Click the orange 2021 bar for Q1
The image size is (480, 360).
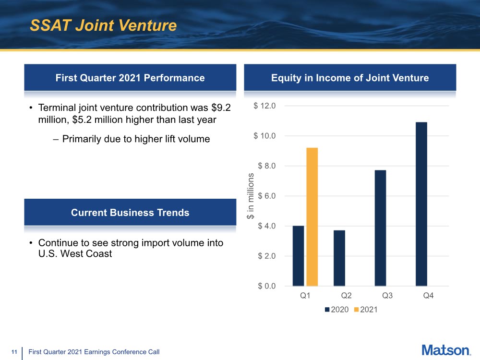coord(312,216)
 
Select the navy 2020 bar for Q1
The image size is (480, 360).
coord(298,255)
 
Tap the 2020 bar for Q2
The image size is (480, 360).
coord(339,258)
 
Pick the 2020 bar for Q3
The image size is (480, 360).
coord(380,228)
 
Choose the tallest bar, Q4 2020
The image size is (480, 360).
coord(421,204)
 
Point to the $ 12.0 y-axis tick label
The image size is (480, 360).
coord(264,106)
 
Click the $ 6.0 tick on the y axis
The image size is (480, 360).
coord(266,196)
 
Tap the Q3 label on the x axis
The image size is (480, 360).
coord(387,296)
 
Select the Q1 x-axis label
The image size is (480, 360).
coord(305,296)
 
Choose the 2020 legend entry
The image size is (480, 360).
coord(337,310)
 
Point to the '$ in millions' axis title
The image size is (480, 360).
coord(250,196)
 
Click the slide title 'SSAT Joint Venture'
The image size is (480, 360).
coord(103,25)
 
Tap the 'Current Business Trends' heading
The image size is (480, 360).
coord(130,212)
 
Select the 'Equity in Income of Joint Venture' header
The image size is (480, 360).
coord(350,78)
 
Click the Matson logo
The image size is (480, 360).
coord(446,350)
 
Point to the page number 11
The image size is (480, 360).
coord(14,352)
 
